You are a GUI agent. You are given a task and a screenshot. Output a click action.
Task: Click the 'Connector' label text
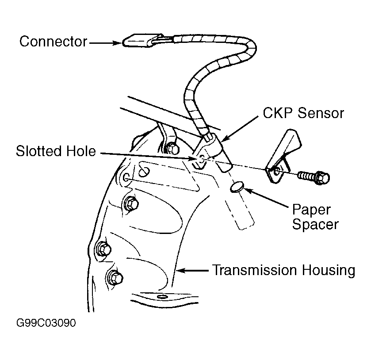(x=53, y=42)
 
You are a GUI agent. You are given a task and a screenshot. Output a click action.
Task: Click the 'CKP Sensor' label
(x=303, y=113)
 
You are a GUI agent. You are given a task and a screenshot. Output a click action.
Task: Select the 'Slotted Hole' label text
(x=56, y=152)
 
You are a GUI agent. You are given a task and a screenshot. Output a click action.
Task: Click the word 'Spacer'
(x=316, y=224)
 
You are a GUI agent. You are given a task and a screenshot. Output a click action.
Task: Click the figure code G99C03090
(x=46, y=323)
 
